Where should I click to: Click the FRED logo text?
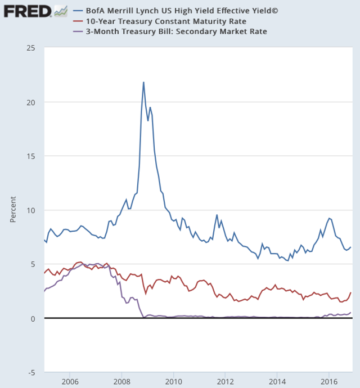coord(27,11)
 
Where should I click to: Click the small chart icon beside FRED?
coord(60,11)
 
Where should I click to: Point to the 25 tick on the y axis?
coord(31,48)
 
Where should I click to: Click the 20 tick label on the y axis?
coord(31,102)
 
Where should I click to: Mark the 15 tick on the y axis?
coord(31,156)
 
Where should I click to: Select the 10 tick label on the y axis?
coord(31,210)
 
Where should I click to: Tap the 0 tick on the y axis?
coord(34,318)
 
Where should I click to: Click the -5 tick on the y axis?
coord(32,372)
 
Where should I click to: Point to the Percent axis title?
coord(13,210)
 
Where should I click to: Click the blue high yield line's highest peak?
coord(143,82)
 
